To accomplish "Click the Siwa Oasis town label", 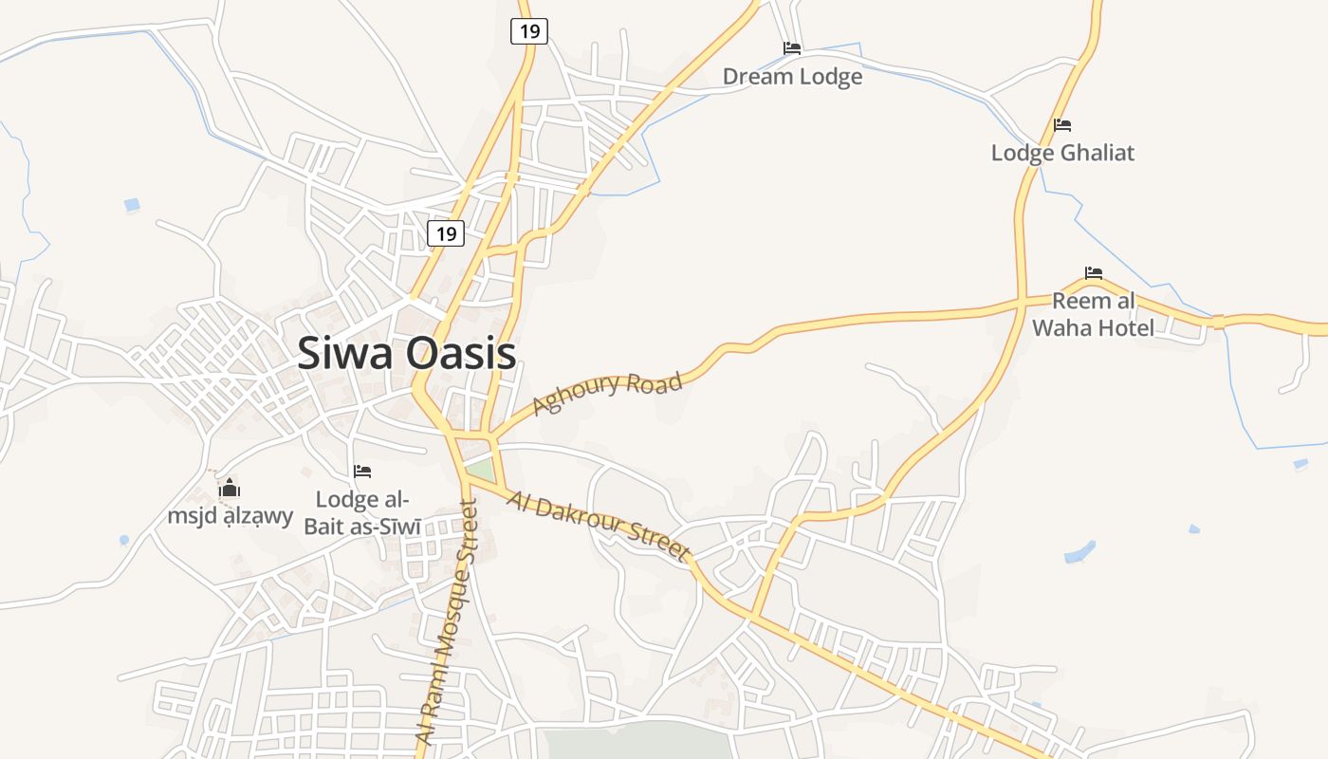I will [x=406, y=354].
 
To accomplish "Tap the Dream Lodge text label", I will [x=792, y=77].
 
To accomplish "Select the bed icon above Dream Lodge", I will [x=792, y=48].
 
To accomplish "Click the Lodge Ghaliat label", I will [x=1062, y=153].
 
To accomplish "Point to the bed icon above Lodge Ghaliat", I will [x=1062, y=125].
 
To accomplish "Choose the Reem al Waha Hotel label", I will [x=1094, y=315].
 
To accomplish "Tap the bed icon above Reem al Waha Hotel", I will [x=1094, y=273].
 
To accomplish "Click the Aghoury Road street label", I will [x=607, y=394].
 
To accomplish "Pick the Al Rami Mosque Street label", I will [x=452, y=622].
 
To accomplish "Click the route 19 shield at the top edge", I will [x=529, y=31].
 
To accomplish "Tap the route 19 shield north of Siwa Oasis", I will [x=446, y=232].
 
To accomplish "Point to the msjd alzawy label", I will [x=231, y=517].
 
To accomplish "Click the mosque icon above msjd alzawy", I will [x=230, y=490].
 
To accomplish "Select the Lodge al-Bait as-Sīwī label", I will [x=361, y=512].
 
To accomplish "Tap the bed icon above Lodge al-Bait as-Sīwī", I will [x=362, y=471].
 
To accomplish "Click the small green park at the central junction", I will [x=481, y=469].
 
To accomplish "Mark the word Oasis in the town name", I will [x=461, y=354].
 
